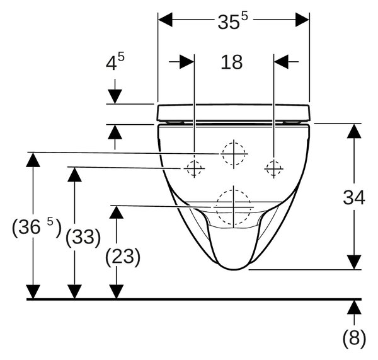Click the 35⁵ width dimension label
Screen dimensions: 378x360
(232, 21)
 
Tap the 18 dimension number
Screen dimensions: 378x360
(231, 62)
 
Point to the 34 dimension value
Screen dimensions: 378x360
(354, 197)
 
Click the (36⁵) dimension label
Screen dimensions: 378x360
(37, 227)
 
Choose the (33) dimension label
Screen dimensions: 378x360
(83, 237)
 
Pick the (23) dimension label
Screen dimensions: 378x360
(123, 257)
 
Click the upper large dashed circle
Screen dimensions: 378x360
(234, 142)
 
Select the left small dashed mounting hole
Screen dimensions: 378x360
(194, 161)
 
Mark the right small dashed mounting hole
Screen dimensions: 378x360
(273, 161)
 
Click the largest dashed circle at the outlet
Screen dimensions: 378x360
(234, 190)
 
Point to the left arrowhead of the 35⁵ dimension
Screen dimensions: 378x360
(165, 20)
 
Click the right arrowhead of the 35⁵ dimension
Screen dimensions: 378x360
(302, 20)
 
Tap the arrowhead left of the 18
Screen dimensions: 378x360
(187, 62)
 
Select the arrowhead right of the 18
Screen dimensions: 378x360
(281, 62)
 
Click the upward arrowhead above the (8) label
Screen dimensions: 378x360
(354, 307)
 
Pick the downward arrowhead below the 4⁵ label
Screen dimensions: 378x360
(115, 96)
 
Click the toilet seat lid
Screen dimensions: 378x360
(233, 113)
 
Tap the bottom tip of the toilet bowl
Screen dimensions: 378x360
(233, 269)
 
